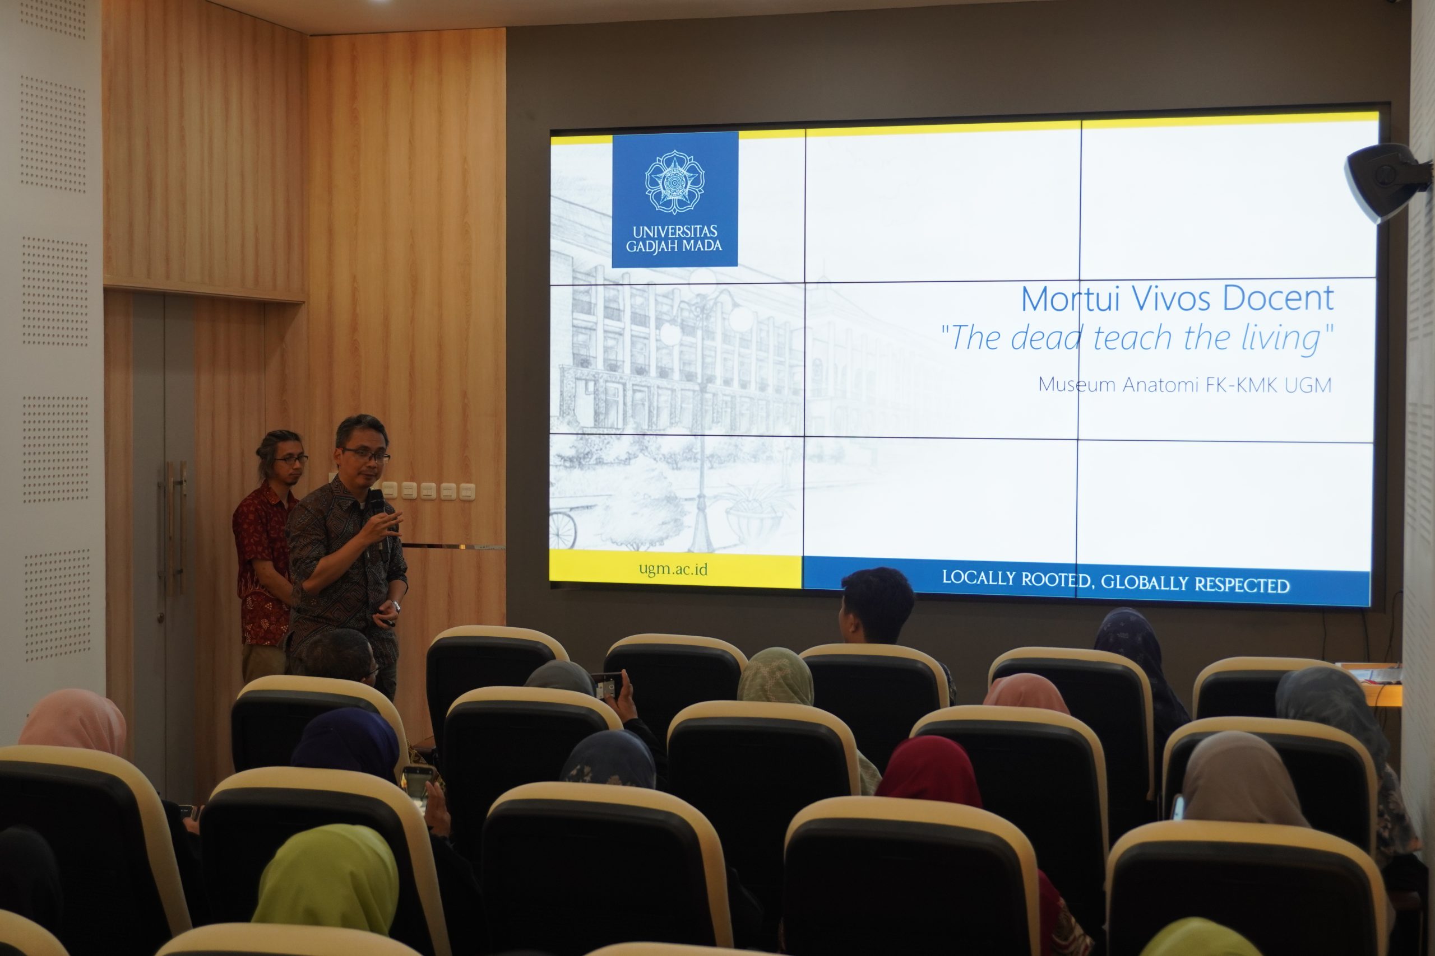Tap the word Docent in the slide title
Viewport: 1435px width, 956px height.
[x=1278, y=298]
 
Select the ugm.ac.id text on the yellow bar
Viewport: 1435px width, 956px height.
[x=673, y=570]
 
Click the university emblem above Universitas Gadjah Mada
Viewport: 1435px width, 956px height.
[x=675, y=181]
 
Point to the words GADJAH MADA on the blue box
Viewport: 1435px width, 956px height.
[x=674, y=246]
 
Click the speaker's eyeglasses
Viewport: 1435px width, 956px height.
[x=366, y=455]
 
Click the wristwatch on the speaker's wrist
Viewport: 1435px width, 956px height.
[x=396, y=606]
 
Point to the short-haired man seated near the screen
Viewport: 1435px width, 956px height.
[x=877, y=607]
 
